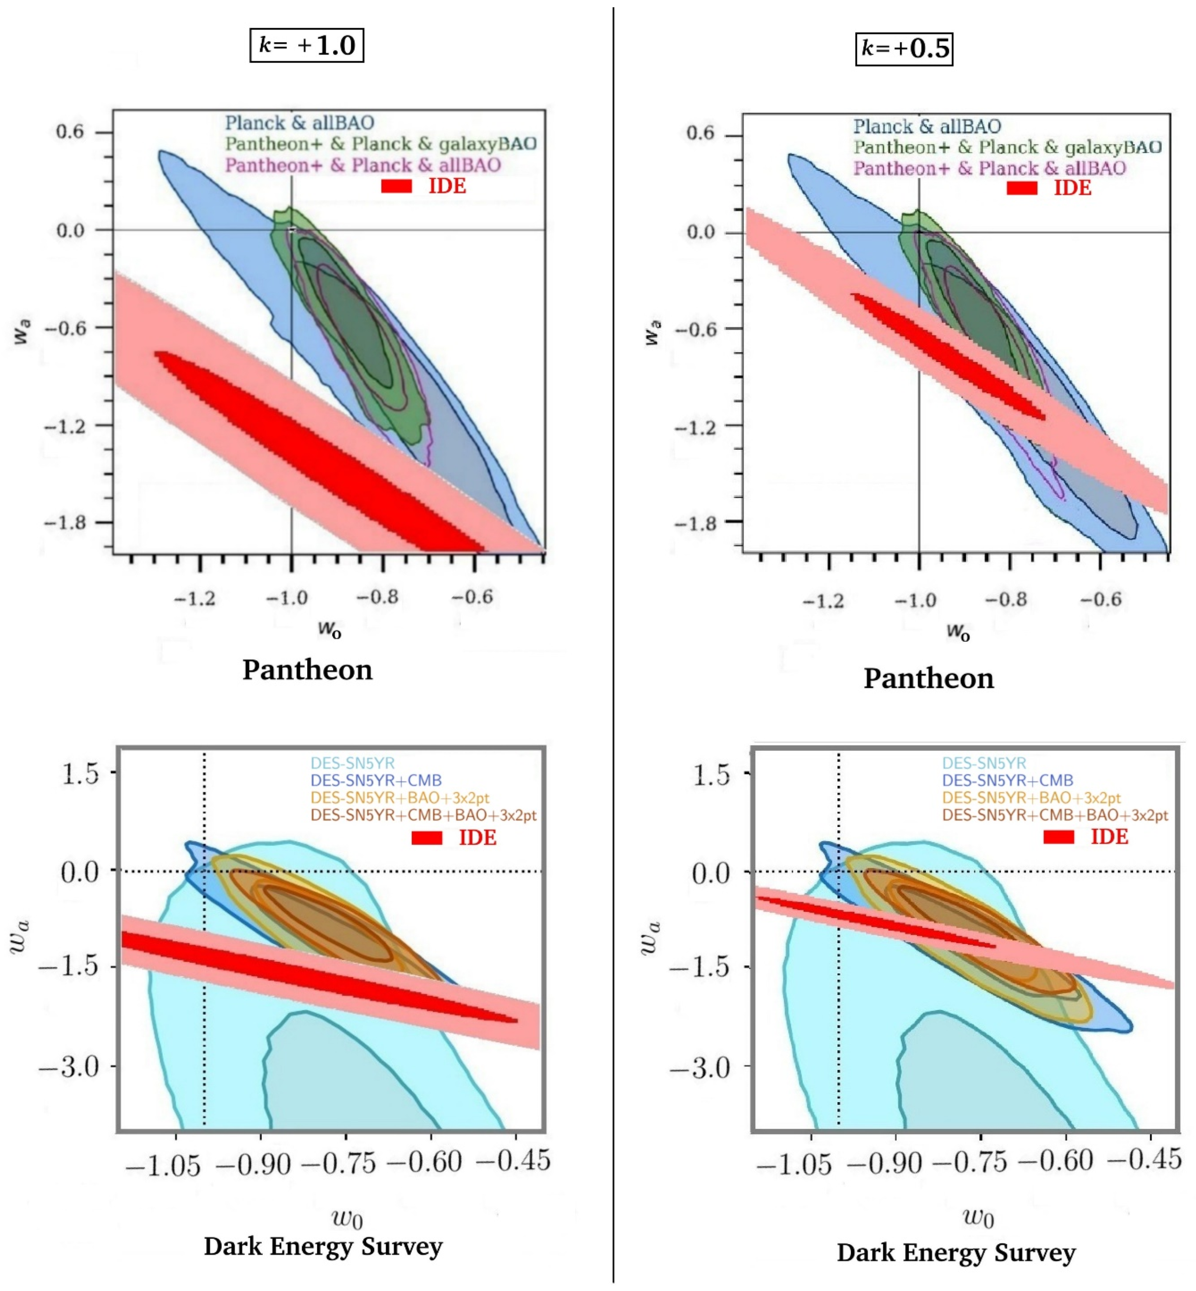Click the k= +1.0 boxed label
coord(307,45)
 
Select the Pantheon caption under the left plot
coord(307,670)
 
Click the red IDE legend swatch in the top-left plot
coord(396,186)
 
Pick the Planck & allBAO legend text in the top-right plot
coord(926,126)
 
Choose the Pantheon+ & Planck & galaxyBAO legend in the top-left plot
coord(381,144)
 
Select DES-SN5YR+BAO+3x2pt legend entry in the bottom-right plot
coord(1031,797)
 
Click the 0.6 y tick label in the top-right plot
coord(700,134)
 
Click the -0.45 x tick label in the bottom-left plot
coord(513,1161)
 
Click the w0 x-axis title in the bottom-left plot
coord(347,1219)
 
